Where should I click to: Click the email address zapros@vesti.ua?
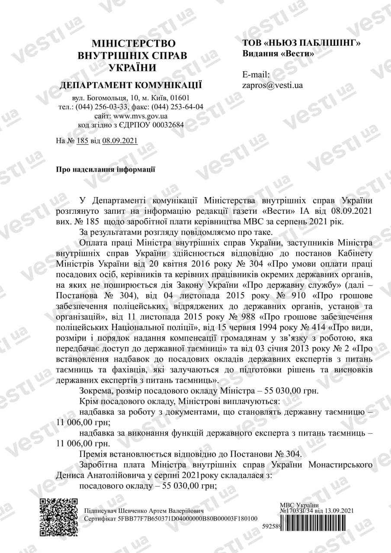272,85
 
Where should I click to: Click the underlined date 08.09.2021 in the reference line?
120,141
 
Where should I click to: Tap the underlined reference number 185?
82,141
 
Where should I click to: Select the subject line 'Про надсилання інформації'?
106,169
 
